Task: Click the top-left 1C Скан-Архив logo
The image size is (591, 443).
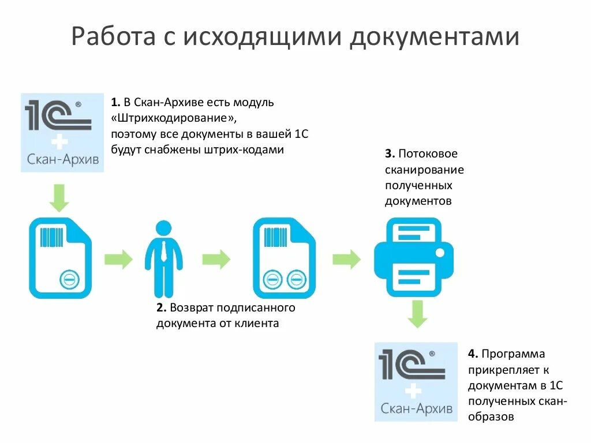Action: click(62, 132)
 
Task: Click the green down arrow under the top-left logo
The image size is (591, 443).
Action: click(59, 198)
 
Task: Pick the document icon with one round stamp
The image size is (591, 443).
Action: click(60, 258)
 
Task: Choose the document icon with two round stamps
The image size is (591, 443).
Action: click(284, 258)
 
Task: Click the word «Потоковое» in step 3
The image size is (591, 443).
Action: click(429, 154)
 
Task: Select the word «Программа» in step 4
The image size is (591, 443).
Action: click(513, 354)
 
